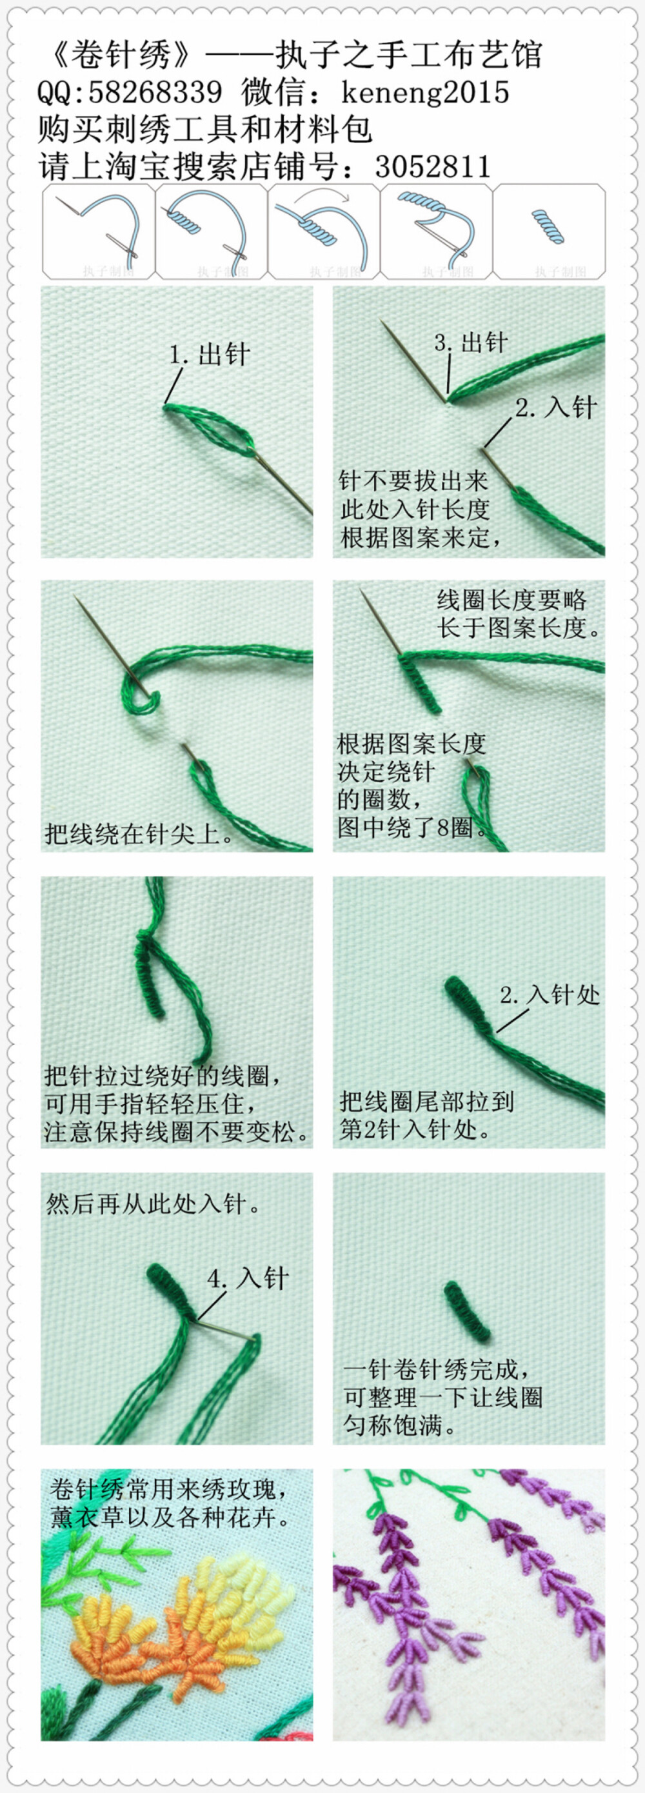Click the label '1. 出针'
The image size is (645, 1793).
coord(210,355)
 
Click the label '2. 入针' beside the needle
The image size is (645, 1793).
coord(556,408)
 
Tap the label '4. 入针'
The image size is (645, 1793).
coord(248,1278)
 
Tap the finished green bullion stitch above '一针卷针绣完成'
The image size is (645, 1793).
coord(467,1311)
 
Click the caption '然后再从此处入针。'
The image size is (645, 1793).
coord(153,1204)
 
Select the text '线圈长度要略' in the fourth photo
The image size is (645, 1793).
coord(511,600)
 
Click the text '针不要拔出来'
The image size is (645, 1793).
coord(413,481)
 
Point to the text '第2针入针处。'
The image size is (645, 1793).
coord(415,1129)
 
